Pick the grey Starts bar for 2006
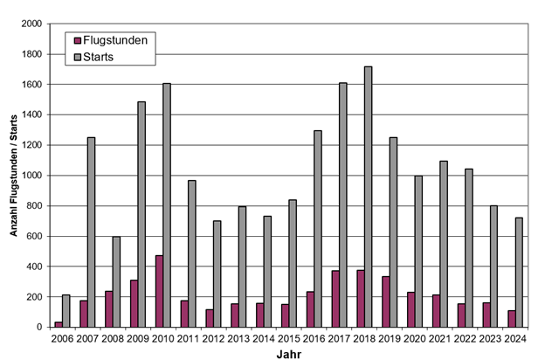(66, 311)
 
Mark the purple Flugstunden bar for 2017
(335, 299)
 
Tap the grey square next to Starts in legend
(78, 57)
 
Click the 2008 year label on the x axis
(111, 338)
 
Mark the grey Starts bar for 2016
(318, 229)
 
